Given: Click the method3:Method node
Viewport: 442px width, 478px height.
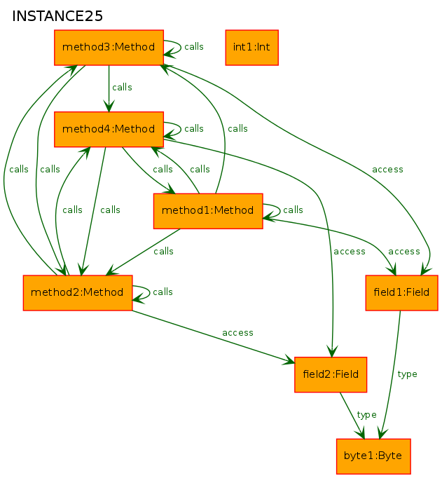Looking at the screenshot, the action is pos(109,48).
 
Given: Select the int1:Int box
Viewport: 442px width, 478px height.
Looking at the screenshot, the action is pos(251,48).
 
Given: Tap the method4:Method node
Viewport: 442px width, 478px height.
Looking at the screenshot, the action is pos(109,129).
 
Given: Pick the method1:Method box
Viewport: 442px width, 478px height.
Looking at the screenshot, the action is pos(208,211).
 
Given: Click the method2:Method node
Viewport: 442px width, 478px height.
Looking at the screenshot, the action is pos(78,293).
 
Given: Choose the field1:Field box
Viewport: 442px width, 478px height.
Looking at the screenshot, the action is pos(401,293).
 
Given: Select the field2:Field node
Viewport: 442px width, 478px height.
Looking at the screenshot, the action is pos(331,375).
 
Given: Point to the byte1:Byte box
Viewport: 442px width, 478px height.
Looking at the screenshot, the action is pos(373,456).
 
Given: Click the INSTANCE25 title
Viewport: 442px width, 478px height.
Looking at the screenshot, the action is pos(57,16).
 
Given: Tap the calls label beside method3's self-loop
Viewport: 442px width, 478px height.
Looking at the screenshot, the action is pos(194,47).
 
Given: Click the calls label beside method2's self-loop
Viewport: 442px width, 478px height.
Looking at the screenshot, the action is pos(163,292).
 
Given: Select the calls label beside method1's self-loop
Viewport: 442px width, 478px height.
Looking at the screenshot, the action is pos(293,210).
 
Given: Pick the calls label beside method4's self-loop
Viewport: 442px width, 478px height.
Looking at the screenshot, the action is pos(194,128).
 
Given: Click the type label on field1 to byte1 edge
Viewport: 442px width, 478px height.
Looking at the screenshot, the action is pos(407,374).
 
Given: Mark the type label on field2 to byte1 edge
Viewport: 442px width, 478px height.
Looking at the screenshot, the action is pos(367,415).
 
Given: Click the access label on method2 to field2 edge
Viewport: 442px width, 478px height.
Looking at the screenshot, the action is pos(237,333).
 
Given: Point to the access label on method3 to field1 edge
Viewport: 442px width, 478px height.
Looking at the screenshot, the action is pos(387,169).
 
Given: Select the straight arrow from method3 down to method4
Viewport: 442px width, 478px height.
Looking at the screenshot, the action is pos(109,89).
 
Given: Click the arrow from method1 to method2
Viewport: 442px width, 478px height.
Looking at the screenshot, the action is pos(143,252).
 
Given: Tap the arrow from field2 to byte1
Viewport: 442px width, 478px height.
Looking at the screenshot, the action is pos(352,416).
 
